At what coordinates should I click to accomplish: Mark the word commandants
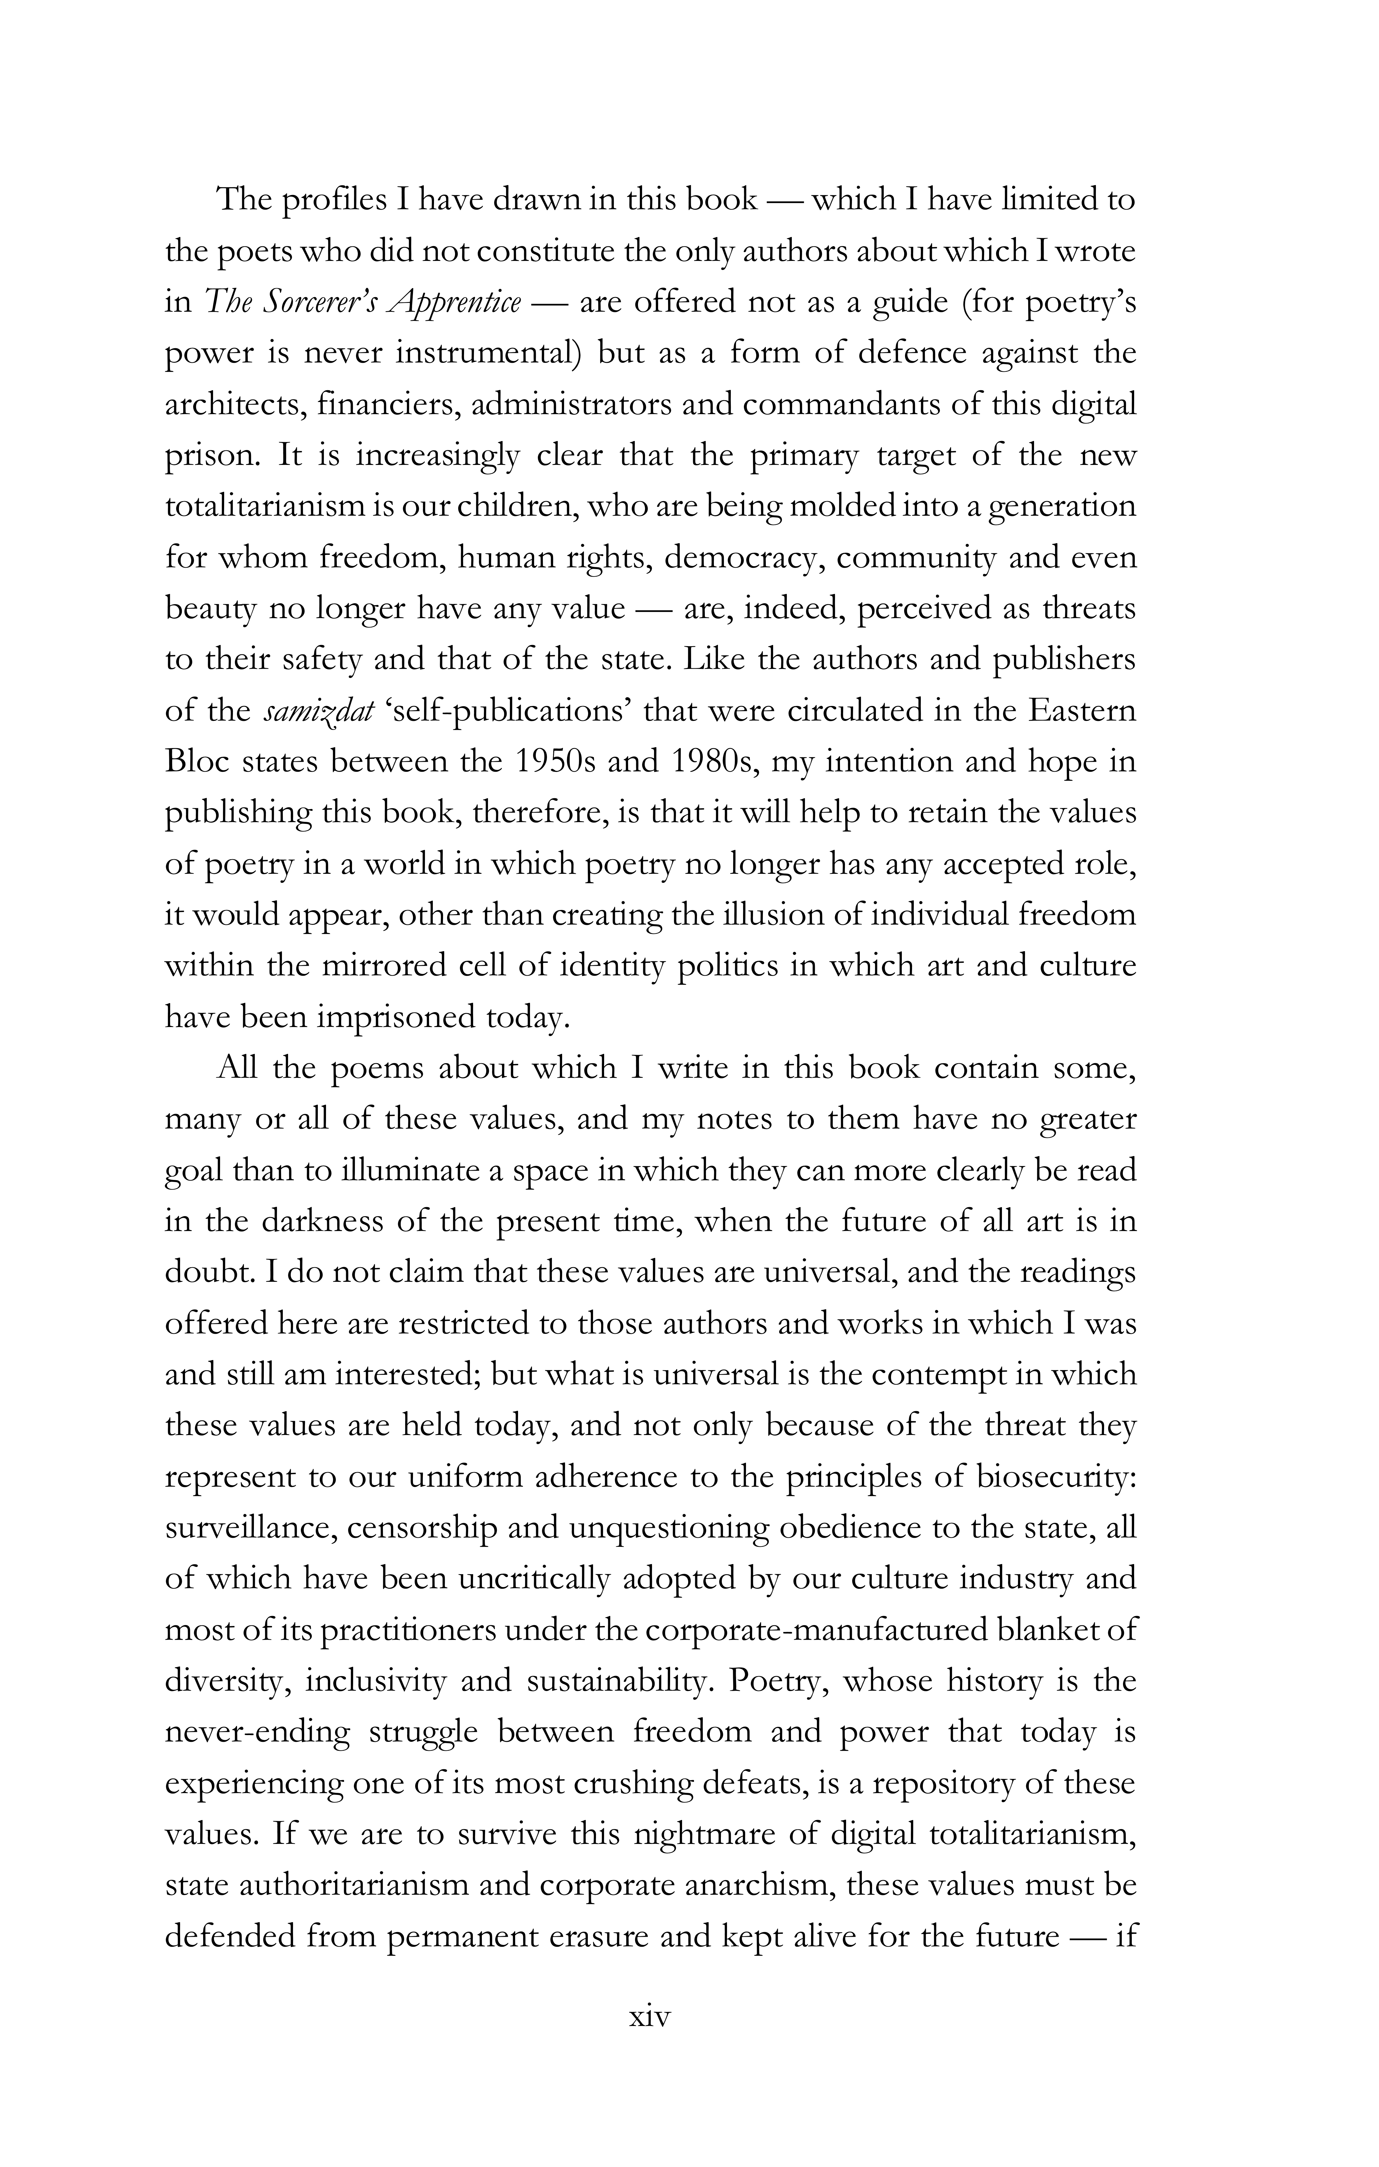point(843,404)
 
